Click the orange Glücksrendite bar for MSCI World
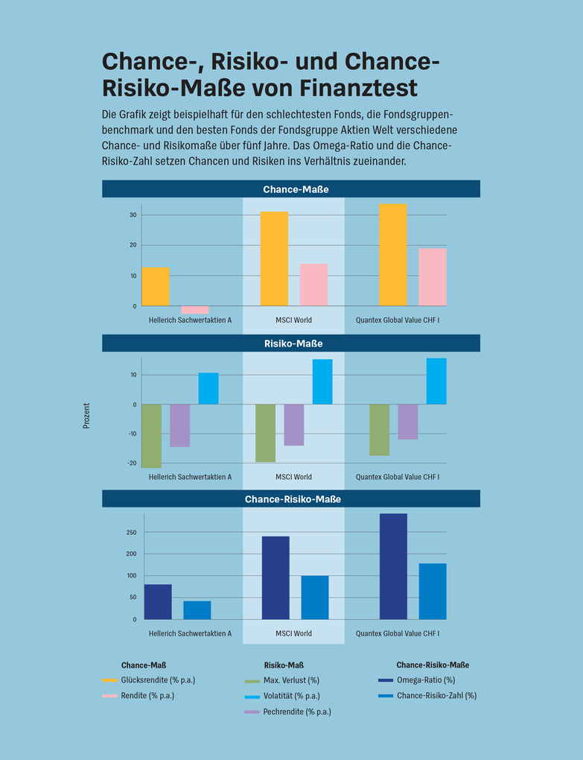tap(274, 259)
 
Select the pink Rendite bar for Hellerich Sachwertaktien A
tap(195, 309)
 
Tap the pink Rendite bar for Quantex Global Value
tap(433, 277)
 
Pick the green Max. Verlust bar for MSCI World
tap(265, 433)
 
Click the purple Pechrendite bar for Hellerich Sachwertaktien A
tap(180, 425)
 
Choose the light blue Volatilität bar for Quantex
tap(436, 381)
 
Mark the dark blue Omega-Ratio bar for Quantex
tap(393, 566)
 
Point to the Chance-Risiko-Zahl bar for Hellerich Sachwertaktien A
tap(197, 609)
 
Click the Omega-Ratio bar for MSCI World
tap(275, 577)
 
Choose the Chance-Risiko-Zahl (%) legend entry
tap(436, 695)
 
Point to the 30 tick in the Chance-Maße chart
tap(133, 215)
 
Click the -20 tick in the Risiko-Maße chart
tap(132, 463)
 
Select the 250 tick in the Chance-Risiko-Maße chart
tap(131, 532)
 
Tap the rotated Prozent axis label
tap(86, 416)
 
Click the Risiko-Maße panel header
tap(291, 343)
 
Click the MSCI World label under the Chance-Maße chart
tap(293, 320)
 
